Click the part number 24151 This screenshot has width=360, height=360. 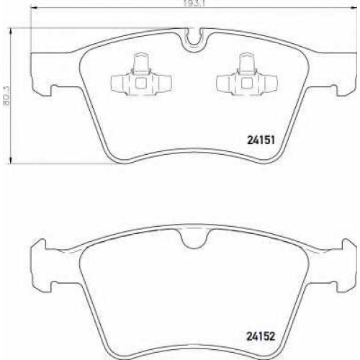pos(261,140)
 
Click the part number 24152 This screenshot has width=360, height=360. pos(261,336)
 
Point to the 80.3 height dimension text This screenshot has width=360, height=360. pos(7,96)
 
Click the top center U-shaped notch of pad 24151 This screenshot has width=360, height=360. pos(194,40)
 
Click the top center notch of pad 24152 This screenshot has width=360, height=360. pos(196,239)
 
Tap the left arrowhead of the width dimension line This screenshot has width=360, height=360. pos(35,8)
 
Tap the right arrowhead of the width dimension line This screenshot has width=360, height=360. pos(354,8)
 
